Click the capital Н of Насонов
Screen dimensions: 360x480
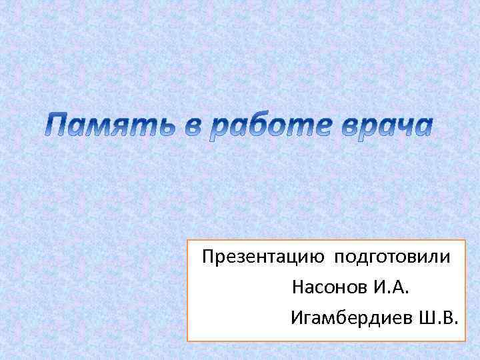297,288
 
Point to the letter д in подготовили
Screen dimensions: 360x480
366,257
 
